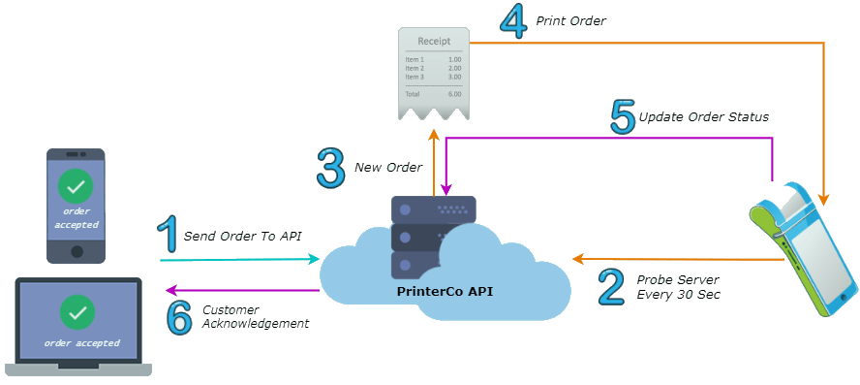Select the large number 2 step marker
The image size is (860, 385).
611,286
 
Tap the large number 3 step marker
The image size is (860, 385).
330,167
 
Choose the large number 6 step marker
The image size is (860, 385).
180,316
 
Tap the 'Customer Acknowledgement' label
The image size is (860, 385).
255,317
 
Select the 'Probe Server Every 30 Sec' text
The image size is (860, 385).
678,286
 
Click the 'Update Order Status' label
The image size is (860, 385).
703,117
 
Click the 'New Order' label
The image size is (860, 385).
387,167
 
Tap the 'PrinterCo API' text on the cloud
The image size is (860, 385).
445,289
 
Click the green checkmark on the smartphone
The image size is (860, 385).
76,184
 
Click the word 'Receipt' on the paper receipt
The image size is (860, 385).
433,42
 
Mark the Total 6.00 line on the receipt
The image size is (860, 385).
433,94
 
